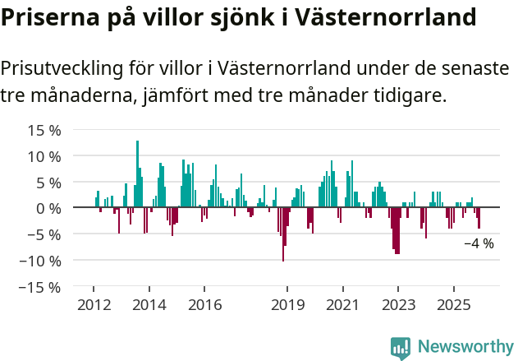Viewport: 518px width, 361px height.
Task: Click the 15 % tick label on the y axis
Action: point(44,130)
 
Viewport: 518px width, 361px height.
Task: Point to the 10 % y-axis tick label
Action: point(44,156)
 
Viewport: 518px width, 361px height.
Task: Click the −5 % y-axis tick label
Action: point(44,234)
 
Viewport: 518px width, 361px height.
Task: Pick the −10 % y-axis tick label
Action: point(40,261)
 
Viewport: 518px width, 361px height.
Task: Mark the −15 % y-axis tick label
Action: point(40,287)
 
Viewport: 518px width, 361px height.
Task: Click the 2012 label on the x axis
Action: point(93,305)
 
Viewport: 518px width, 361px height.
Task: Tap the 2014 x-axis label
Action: point(149,305)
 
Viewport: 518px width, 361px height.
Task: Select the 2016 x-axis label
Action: point(204,305)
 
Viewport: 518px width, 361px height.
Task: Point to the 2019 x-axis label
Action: point(287,305)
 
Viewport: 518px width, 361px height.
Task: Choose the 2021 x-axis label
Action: point(343,305)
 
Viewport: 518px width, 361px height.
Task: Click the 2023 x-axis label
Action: point(398,305)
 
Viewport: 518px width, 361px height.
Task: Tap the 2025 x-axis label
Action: point(454,305)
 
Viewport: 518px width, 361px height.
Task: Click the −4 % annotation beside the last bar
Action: point(479,243)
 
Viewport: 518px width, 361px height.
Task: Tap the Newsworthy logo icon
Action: point(401,348)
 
